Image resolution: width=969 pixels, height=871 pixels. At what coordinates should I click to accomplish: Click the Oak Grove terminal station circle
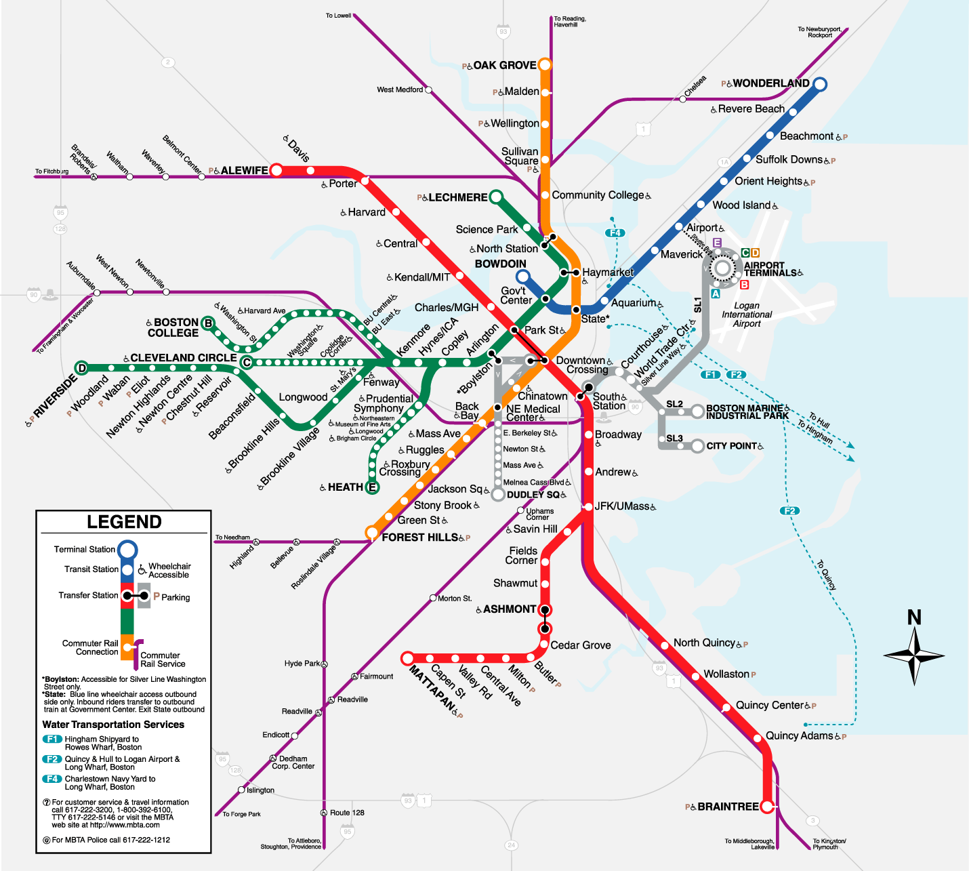[x=544, y=65]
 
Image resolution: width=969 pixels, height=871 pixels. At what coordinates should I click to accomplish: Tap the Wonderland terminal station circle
[x=820, y=84]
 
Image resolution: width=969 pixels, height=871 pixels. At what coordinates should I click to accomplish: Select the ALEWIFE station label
[x=244, y=171]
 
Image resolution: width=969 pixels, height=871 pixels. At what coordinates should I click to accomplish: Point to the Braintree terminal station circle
[x=767, y=807]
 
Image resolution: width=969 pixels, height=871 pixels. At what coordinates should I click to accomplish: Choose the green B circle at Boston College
[x=209, y=323]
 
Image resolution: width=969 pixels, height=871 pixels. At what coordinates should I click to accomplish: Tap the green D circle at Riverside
[x=82, y=368]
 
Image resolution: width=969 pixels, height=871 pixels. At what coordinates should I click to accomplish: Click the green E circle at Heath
[x=372, y=487]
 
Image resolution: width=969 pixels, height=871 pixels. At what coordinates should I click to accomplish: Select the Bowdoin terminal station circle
[x=522, y=277]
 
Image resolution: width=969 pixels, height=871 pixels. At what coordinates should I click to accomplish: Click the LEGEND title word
[x=124, y=522]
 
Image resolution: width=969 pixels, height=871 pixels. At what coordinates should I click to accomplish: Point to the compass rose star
[x=915, y=655]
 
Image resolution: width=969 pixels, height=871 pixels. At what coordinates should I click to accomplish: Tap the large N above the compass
[x=914, y=617]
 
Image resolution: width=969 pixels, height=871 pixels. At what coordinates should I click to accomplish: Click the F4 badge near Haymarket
[x=615, y=233]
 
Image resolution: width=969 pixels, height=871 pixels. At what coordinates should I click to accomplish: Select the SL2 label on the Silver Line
[x=674, y=404]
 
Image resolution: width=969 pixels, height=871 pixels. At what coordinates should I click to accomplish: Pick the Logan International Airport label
[x=747, y=315]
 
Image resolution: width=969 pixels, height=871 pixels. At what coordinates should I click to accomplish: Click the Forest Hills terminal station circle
[x=371, y=532]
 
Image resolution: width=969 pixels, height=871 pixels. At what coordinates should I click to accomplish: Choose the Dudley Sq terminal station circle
[x=498, y=494]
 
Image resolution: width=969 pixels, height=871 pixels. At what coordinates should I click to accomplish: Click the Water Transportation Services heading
[x=113, y=725]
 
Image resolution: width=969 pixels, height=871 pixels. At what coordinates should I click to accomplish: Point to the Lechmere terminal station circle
[x=496, y=197]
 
